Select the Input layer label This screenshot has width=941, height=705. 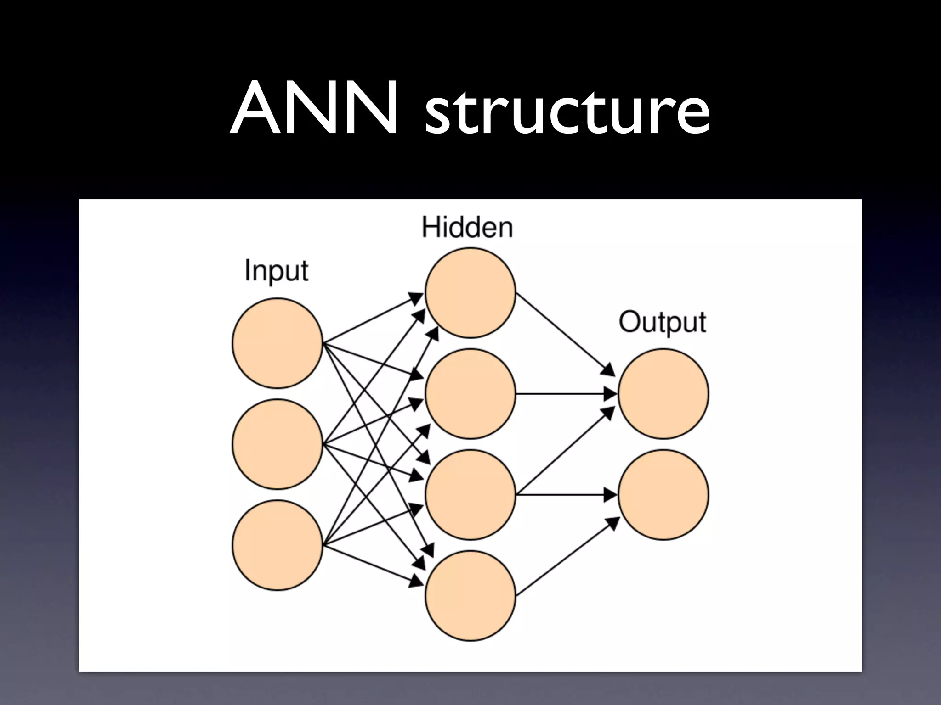click(276, 271)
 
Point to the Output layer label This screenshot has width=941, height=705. click(662, 322)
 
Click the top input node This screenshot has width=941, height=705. click(277, 343)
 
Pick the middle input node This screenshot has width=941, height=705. click(277, 444)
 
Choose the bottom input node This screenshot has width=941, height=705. click(277, 545)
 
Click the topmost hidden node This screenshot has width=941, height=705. click(470, 292)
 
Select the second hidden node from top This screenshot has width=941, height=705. click(470, 393)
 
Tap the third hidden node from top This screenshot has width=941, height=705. click(470, 494)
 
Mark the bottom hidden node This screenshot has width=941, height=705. click(470, 595)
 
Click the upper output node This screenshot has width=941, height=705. click(663, 393)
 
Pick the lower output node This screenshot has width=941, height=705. click(663, 494)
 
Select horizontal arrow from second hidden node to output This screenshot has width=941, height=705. click(565, 393)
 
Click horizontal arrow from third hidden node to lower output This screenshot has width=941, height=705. click(565, 494)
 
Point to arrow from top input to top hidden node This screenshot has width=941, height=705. click(372, 319)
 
